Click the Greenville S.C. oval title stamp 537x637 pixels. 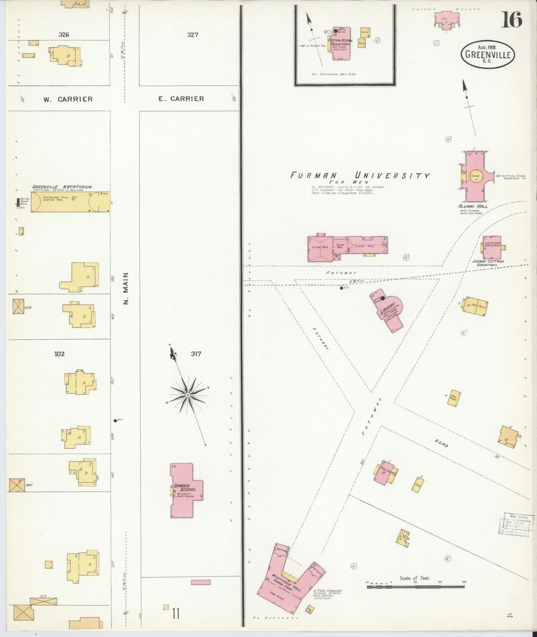click(x=488, y=54)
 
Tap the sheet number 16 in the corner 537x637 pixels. click(x=512, y=19)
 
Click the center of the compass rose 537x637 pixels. click(x=188, y=395)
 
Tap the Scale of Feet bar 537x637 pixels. click(x=416, y=586)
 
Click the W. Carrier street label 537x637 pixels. click(x=68, y=99)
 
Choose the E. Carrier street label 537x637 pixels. click(x=181, y=99)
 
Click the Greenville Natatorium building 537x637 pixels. click(x=71, y=201)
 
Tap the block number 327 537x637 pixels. click(x=192, y=35)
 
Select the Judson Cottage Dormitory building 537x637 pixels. click(x=492, y=248)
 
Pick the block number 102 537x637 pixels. click(x=59, y=354)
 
